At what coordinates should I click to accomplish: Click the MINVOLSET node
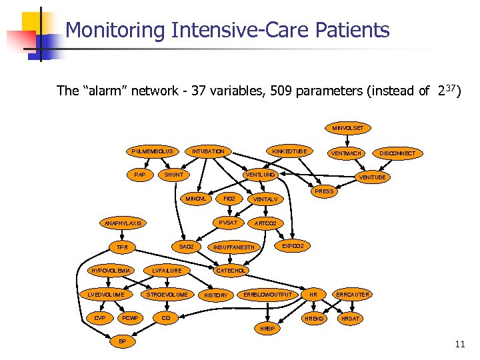(x=348, y=127)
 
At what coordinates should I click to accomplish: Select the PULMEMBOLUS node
(x=152, y=151)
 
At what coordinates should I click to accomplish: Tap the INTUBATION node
(x=208, y=151)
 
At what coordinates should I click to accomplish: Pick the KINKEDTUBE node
(x=291, y=151)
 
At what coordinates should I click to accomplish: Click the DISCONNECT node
(x=397, y=153)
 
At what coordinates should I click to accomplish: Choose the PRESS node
(x=324, y=191)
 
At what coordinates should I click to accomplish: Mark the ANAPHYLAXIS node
(x=123, y=223)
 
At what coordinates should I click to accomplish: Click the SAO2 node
(x=187, y=247)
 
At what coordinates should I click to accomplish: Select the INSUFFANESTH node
(x=233, y=247)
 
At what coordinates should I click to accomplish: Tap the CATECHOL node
(x=231, y=271)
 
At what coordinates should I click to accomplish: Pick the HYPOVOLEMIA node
(x=111, y=271)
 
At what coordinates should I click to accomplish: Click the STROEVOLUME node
(x=167, y=294)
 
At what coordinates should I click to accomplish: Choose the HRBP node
(x=267, y=329)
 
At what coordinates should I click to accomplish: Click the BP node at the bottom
(x=122, y=341)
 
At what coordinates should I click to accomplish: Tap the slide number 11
(x=459, y=345)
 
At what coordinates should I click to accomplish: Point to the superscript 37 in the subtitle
(x=451, y=88)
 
